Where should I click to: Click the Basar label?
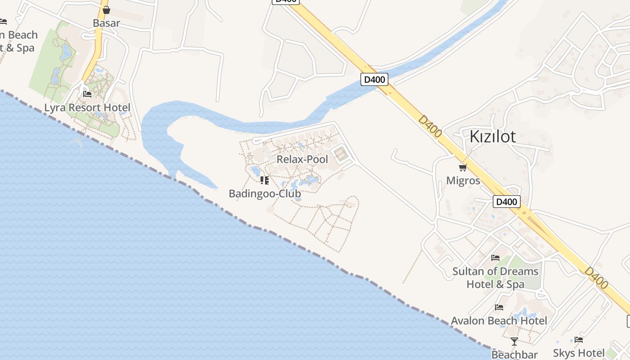tap(106, 23)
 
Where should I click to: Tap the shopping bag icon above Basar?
tap(106, 10)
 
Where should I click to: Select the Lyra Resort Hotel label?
tap(87, 108)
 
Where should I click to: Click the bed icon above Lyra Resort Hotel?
tap(87, 94)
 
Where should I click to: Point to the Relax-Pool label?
tap(302, 159)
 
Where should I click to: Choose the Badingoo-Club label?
tap(265, 193)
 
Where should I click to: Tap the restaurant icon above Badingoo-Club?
tap(265, 180)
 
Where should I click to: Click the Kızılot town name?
tap(492, 136)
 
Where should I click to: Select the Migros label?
tap(463, 181)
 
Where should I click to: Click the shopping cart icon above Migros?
tap(463, 168)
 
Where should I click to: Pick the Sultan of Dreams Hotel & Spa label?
tap(495, 278)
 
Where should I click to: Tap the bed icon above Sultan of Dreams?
tap(495, 258)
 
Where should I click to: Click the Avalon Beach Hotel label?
tap(499, 321)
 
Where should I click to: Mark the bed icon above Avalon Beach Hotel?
tap(499, 307)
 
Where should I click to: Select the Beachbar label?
tap(514, 355)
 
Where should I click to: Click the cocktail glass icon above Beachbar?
tap(514, 342)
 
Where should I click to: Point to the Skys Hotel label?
tap(579, 353)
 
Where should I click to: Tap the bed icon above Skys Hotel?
tap(579, 340)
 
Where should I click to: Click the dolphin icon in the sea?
tap(76, 143)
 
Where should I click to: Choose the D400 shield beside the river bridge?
tap(374, 80)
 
